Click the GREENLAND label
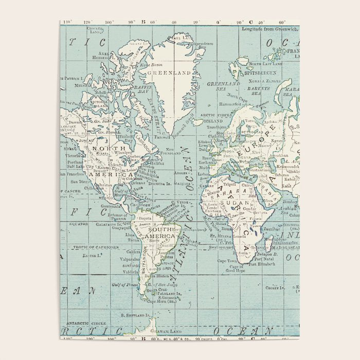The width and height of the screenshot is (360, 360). [x=169, y=73]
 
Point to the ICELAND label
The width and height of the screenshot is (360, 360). [x=211, y=120]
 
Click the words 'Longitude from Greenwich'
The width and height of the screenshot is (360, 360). [x=269, y=29]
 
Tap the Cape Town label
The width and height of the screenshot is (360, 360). [x=229, y=261]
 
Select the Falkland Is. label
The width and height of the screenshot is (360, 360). [x=169, y=293]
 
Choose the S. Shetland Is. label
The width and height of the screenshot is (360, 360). [x=137, y=315]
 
